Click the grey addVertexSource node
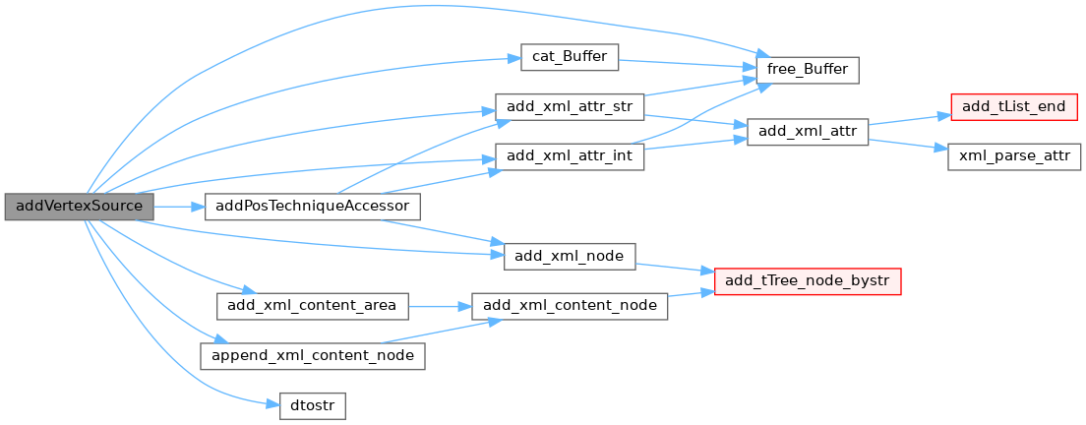pos(79,207)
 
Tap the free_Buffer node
pos(808,70)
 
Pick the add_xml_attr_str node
pos(570,106)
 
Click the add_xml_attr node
pos(808,132)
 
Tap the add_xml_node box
pos(570,257)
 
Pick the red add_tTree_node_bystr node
pos(808,281)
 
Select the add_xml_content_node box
pos(570,306)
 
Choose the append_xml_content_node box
pos(313,356)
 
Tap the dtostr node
pos(313,405)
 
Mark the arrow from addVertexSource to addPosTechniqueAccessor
pos(179,207)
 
